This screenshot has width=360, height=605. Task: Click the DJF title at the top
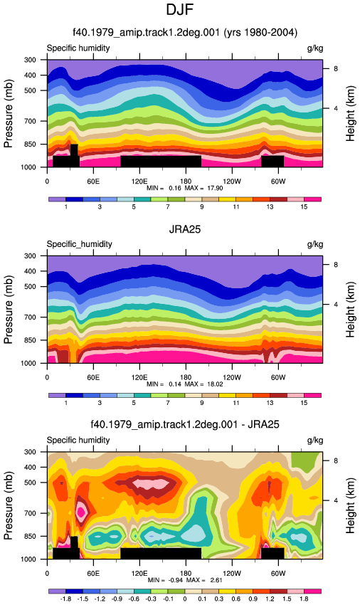(179, 10)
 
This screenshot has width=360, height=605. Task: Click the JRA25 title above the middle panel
(185, 230)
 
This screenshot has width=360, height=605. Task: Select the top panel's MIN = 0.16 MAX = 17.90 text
(185, 189)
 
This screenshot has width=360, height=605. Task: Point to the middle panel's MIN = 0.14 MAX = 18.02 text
(185, 384)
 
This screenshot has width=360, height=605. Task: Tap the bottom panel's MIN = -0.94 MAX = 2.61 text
(185, 580)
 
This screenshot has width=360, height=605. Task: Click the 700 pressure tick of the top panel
(30, 121)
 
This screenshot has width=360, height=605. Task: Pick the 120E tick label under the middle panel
(139, 377)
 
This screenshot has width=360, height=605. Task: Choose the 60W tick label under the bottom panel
(277, 574)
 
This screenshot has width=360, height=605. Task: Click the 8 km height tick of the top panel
(336, 68)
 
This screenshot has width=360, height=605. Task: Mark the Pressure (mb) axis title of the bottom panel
(8, 505)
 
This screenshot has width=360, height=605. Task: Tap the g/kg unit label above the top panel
(315, 48)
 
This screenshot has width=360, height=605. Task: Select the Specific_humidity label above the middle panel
(80, 244)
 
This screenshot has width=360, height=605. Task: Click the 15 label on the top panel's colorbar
(304, 207)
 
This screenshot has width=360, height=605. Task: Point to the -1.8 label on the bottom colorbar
(66, 599)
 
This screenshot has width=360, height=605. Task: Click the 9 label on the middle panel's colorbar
(202, 403)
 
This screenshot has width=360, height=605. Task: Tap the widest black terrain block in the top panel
(161, 162)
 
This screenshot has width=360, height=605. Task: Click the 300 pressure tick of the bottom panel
(30, 452)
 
